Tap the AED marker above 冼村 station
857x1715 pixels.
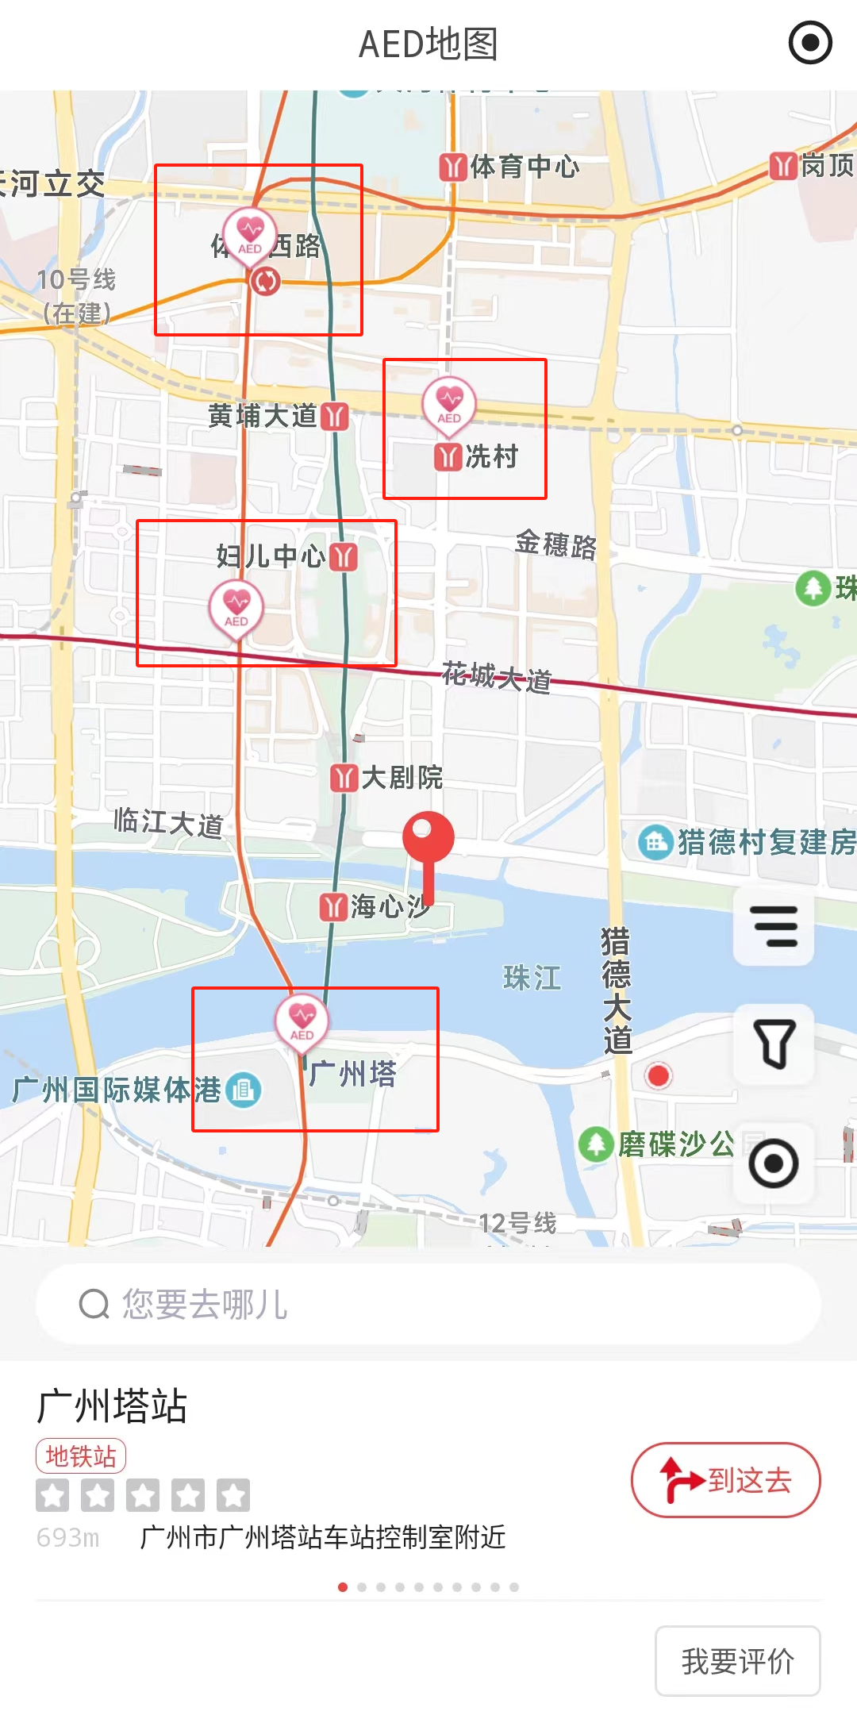449,403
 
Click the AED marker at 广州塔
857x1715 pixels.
302,1021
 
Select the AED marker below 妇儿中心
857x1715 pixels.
236,607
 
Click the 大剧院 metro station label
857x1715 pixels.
387,778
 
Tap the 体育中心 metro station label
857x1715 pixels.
510,167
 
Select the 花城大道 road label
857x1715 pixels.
496,677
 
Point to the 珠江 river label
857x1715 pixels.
532,978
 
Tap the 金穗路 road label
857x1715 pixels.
555,545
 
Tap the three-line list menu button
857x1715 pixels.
774,926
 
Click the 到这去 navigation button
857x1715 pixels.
725,1480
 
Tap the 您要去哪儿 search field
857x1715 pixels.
428,1304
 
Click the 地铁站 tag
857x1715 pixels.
81,1455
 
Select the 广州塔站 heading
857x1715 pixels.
112,1406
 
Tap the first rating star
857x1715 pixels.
52,1495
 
